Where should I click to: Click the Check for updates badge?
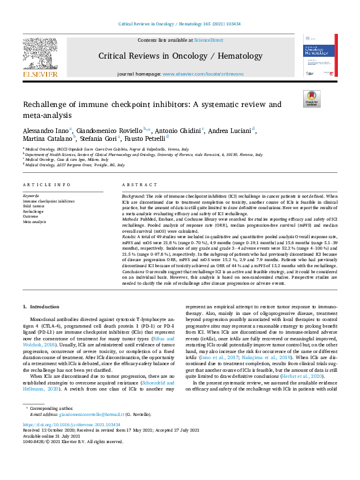tap(311, 99)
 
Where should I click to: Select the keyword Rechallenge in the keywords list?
tap(33, 212)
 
